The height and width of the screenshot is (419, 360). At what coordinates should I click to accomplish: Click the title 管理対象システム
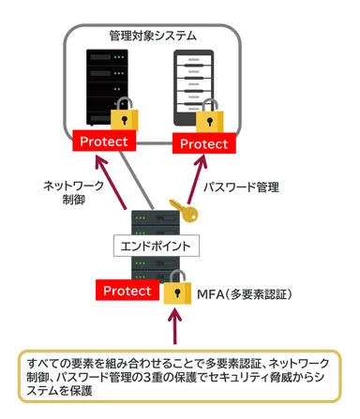(x=152, y=36)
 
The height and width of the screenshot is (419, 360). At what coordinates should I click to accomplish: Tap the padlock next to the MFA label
(x=174, y=290)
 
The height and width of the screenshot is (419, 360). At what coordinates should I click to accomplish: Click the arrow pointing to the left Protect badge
(x=119, y=187)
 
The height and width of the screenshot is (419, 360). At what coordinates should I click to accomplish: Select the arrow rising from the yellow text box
(x=173, y=330)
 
